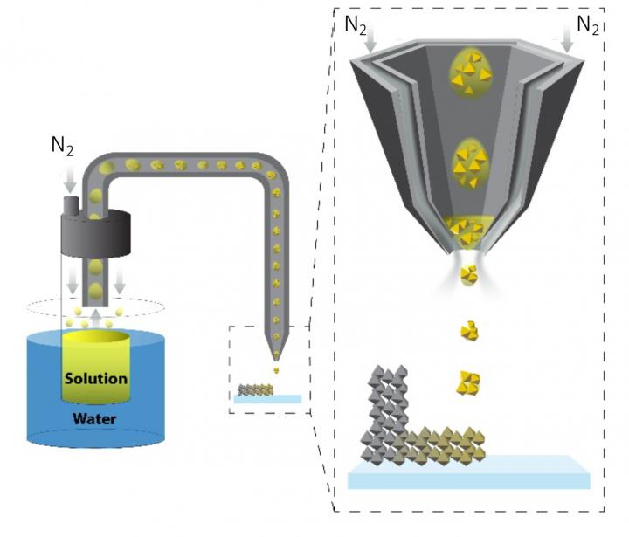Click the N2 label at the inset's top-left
(x=356, y=24)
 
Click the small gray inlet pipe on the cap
(x=70, y=204)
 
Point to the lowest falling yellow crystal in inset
(x=469, y=382)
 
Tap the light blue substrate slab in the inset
(x=468, y=476)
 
